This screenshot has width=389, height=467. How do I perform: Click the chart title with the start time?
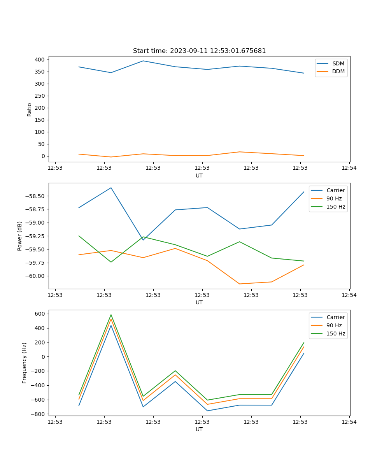199,51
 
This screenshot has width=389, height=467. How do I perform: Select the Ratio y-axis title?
30,110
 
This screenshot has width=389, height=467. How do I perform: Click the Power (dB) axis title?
20,236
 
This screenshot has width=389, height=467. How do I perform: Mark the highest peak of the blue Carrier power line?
111,188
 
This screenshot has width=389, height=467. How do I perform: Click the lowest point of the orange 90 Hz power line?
240,284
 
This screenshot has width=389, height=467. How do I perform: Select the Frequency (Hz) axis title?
25,363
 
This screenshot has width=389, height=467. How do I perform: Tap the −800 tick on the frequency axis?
39,414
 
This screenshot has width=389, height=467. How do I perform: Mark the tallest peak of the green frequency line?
111,315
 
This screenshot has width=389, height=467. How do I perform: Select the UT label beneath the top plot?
199,176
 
